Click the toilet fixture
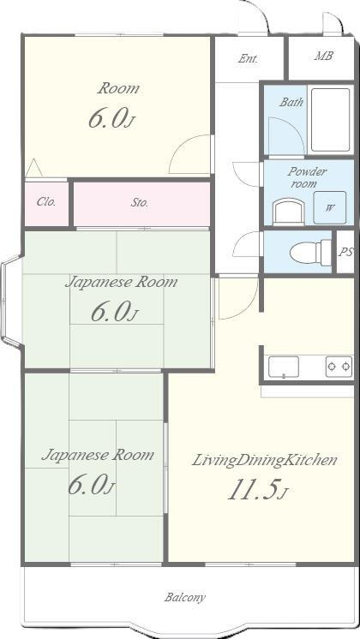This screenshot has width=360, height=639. (x=310, y=253)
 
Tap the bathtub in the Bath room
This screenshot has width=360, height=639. (x=330, y=120)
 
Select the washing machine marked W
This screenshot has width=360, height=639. (x=329, y=207)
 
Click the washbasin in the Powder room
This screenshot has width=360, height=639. (x=288, y=212)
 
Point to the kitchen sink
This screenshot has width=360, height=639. (x=284, y=367)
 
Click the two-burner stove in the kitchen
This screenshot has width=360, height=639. (x=339, y=367)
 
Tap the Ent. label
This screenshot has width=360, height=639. (x=248, y=59)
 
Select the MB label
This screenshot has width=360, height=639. (x=323, y=56)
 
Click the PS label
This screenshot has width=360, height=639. (x=345, y=252)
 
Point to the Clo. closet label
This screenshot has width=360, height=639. (x=46, y=201)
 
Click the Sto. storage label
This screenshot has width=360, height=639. (x=140, y=202)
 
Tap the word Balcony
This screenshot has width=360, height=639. (x=184, y=597)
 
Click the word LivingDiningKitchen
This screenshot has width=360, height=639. (x=264, y=461)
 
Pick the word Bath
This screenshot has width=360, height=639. (x=291, y=102)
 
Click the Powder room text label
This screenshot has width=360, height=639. (x=307, y=177)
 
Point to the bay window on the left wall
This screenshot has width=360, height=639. (x=10, y=302)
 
